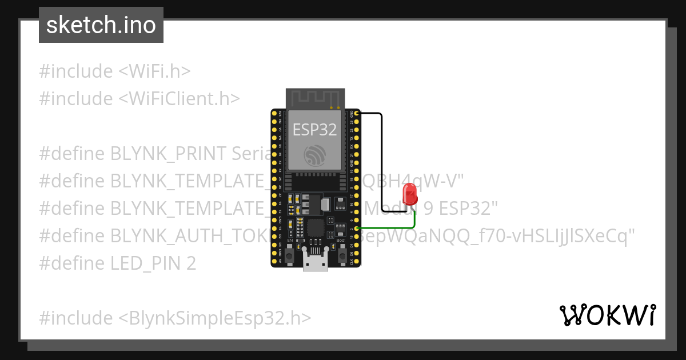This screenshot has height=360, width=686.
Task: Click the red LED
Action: point(410,195)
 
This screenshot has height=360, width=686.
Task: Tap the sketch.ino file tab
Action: point(101,25)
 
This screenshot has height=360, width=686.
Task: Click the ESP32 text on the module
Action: point(315,129)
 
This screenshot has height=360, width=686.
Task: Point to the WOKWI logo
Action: point(607,315)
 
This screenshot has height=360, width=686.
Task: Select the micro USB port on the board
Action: point(316,263)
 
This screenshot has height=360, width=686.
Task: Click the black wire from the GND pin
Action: point(381,160)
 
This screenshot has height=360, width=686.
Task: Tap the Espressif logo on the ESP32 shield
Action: point(316,155)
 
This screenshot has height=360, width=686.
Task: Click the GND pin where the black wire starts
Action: point(357,114)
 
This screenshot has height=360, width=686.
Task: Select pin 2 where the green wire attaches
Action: point(357,229)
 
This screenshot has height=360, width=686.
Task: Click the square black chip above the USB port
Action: point(316,228)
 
